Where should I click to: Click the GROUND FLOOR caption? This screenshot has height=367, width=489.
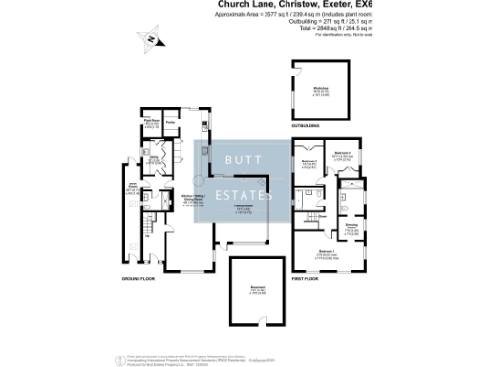(x=138, y=279)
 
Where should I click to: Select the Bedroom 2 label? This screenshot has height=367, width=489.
(x=308, y=162)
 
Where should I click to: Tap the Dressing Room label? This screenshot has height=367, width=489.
(x=351, y=229)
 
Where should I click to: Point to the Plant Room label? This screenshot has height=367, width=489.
(x=151, y=122)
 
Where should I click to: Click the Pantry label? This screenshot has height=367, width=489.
(x=171, y=122)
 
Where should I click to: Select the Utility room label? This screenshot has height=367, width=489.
(x=153, y=160)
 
